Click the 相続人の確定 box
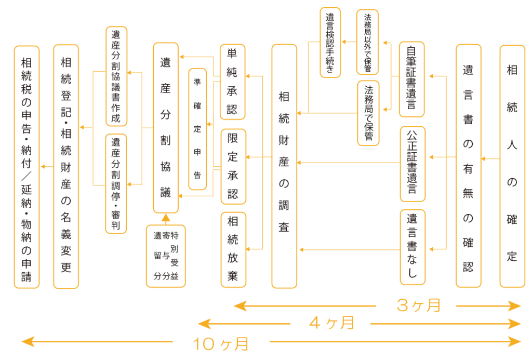[x=512, y=166]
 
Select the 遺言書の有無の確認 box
[x=468, y=166]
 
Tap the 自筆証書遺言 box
[x=411, y=79]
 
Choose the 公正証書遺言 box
[x=412, y=164]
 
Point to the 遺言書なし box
[x=412, y=246]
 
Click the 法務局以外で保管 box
[x=367, y=42]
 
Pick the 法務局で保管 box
[x=368, y=113]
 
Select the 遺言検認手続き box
[x=330, y=42]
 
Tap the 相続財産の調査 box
[x=284, y=166]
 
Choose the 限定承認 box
[x=233, y=166]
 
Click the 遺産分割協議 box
[x=166, y=128]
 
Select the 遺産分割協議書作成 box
[x=116, y=76]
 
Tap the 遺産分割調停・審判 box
[x=116, y=183]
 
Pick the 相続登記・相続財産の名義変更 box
[x=66, y=166]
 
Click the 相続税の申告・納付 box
[x=26, y=166]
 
